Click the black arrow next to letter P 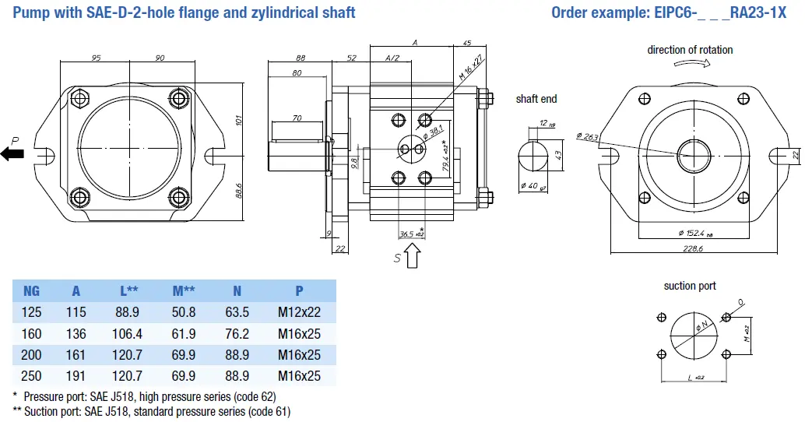12,154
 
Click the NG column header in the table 31,291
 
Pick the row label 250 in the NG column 31,376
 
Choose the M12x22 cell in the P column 299,313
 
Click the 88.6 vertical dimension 240,188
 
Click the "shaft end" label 536,99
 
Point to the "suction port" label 689,286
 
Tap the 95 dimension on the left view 97,58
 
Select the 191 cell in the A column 76,376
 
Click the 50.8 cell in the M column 184,313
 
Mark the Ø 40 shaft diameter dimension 530,185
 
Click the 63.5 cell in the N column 237,313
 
